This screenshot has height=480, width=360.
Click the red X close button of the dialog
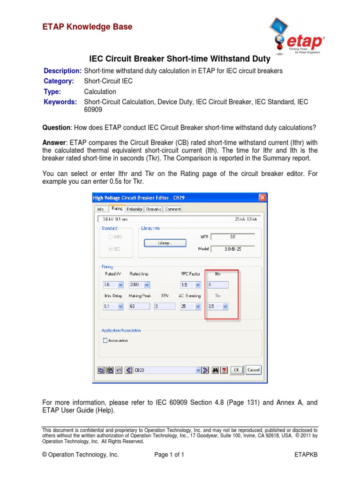262,198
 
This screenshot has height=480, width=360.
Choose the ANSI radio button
111,237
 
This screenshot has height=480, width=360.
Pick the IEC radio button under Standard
111,249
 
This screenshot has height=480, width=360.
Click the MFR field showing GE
232,237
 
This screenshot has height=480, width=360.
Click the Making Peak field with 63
139,307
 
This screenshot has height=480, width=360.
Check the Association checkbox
105,341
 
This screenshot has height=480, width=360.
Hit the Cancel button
253,370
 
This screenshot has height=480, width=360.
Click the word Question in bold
56,127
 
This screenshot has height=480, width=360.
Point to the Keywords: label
60,102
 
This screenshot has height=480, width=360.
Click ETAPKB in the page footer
306,455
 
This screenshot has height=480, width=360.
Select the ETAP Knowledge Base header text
87,27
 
